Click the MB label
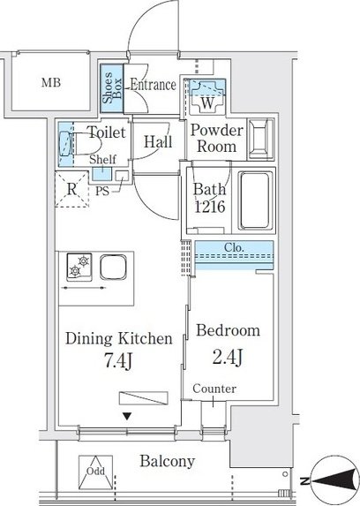pyautogui.click(x=51, y=83)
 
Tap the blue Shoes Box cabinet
pyautogui.click(x=111, y=88)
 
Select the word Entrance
pyautogui.click(x=153, y=85)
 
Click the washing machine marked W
pyautogui.click(x=207, y=96)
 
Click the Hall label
pyautogui.click(x=158, y=141)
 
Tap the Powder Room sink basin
pyautogui.click(x=260, y=140)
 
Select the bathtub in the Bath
pyautogui.click(x=255, y=200)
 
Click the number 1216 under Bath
pyautogui.click(x=210, y=207)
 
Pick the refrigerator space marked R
pyautogui.click(x=71, y=190)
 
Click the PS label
pyautogui.click(x=102, y=192)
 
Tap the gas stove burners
pyautogui.click(x=79, y=266)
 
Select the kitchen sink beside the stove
pyautogui.click(x=113, y=267)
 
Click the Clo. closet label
pyautogui.click(x=234, y=248)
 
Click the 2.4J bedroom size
pyautogui.click(x=228, y=358)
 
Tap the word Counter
pyautogui.click(x=214, y=389)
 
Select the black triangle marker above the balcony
pyautogui.click(x=127, y=416)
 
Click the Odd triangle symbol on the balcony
pyautogui.click(x=96, y=472)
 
